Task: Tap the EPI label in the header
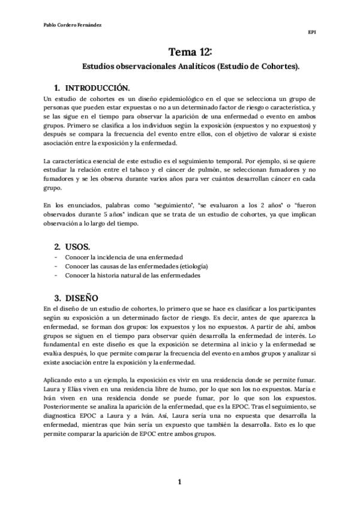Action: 311,34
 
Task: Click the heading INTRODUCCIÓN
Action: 97,87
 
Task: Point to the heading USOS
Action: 77,246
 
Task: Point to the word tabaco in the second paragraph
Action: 148,172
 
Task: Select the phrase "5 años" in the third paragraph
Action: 135,215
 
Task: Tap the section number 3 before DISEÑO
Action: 57,297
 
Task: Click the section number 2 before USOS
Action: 57,246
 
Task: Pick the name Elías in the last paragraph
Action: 75,390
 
